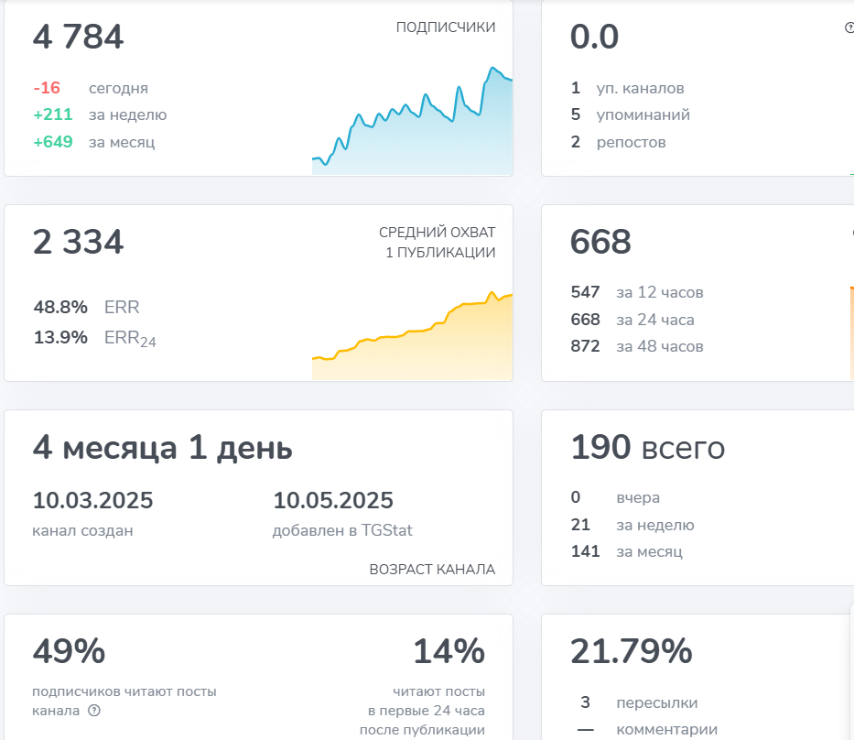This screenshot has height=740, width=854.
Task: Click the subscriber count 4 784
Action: (x=78, y=37)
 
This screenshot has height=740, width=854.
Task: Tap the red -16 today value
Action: (x=47, y=88)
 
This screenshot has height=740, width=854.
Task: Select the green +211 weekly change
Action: (x=53, y=114)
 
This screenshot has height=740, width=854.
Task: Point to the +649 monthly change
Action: (x=53, y=142)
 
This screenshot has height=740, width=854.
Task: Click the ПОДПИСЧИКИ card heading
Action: (x=446, y=27)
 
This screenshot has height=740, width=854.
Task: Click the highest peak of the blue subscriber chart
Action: (x=492, y=68)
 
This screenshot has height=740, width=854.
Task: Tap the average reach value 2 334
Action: (x=78, y=242)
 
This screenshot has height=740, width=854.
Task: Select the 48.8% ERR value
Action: (x=60, y=308)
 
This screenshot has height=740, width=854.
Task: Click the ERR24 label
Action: (x=130, y=338)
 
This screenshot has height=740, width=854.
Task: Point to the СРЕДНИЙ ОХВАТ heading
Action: (x=437, y=232)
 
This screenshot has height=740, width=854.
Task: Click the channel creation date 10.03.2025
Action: (x=92, y=500)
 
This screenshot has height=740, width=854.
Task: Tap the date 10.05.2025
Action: (x=333, y=500)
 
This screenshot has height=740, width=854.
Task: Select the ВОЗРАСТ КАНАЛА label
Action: (x=432, y=570)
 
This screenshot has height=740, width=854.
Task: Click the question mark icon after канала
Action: (x=94, y=711)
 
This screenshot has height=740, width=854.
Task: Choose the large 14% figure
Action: (x=449, y=651)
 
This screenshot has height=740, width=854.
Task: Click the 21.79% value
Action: (x=632, y=651)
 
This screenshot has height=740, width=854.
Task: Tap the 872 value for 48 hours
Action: (x=585, y=346)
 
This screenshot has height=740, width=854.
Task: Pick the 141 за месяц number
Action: (x=585, y=551)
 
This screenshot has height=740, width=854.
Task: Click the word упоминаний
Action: (x=643, y=115)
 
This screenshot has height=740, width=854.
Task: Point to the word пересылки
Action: (x=657, y=703)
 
